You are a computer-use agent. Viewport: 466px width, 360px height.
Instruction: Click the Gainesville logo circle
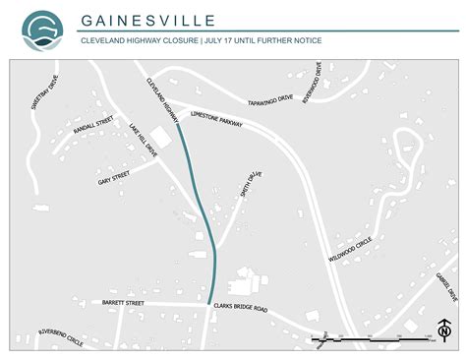click(x=42, y=30)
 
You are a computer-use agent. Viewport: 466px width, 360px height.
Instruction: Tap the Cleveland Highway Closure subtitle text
click(x=201, y=40)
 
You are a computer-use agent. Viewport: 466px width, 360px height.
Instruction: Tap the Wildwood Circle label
click(x=350, y=246)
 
